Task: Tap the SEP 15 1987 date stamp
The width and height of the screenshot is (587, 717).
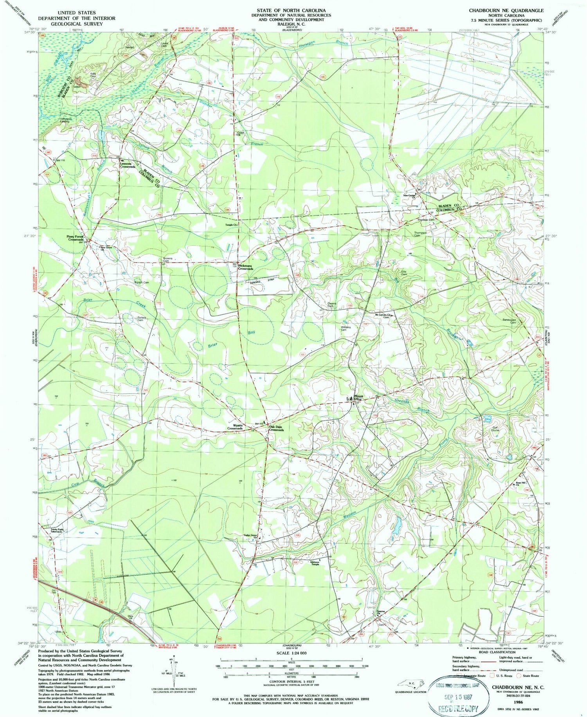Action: point(460,696)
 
